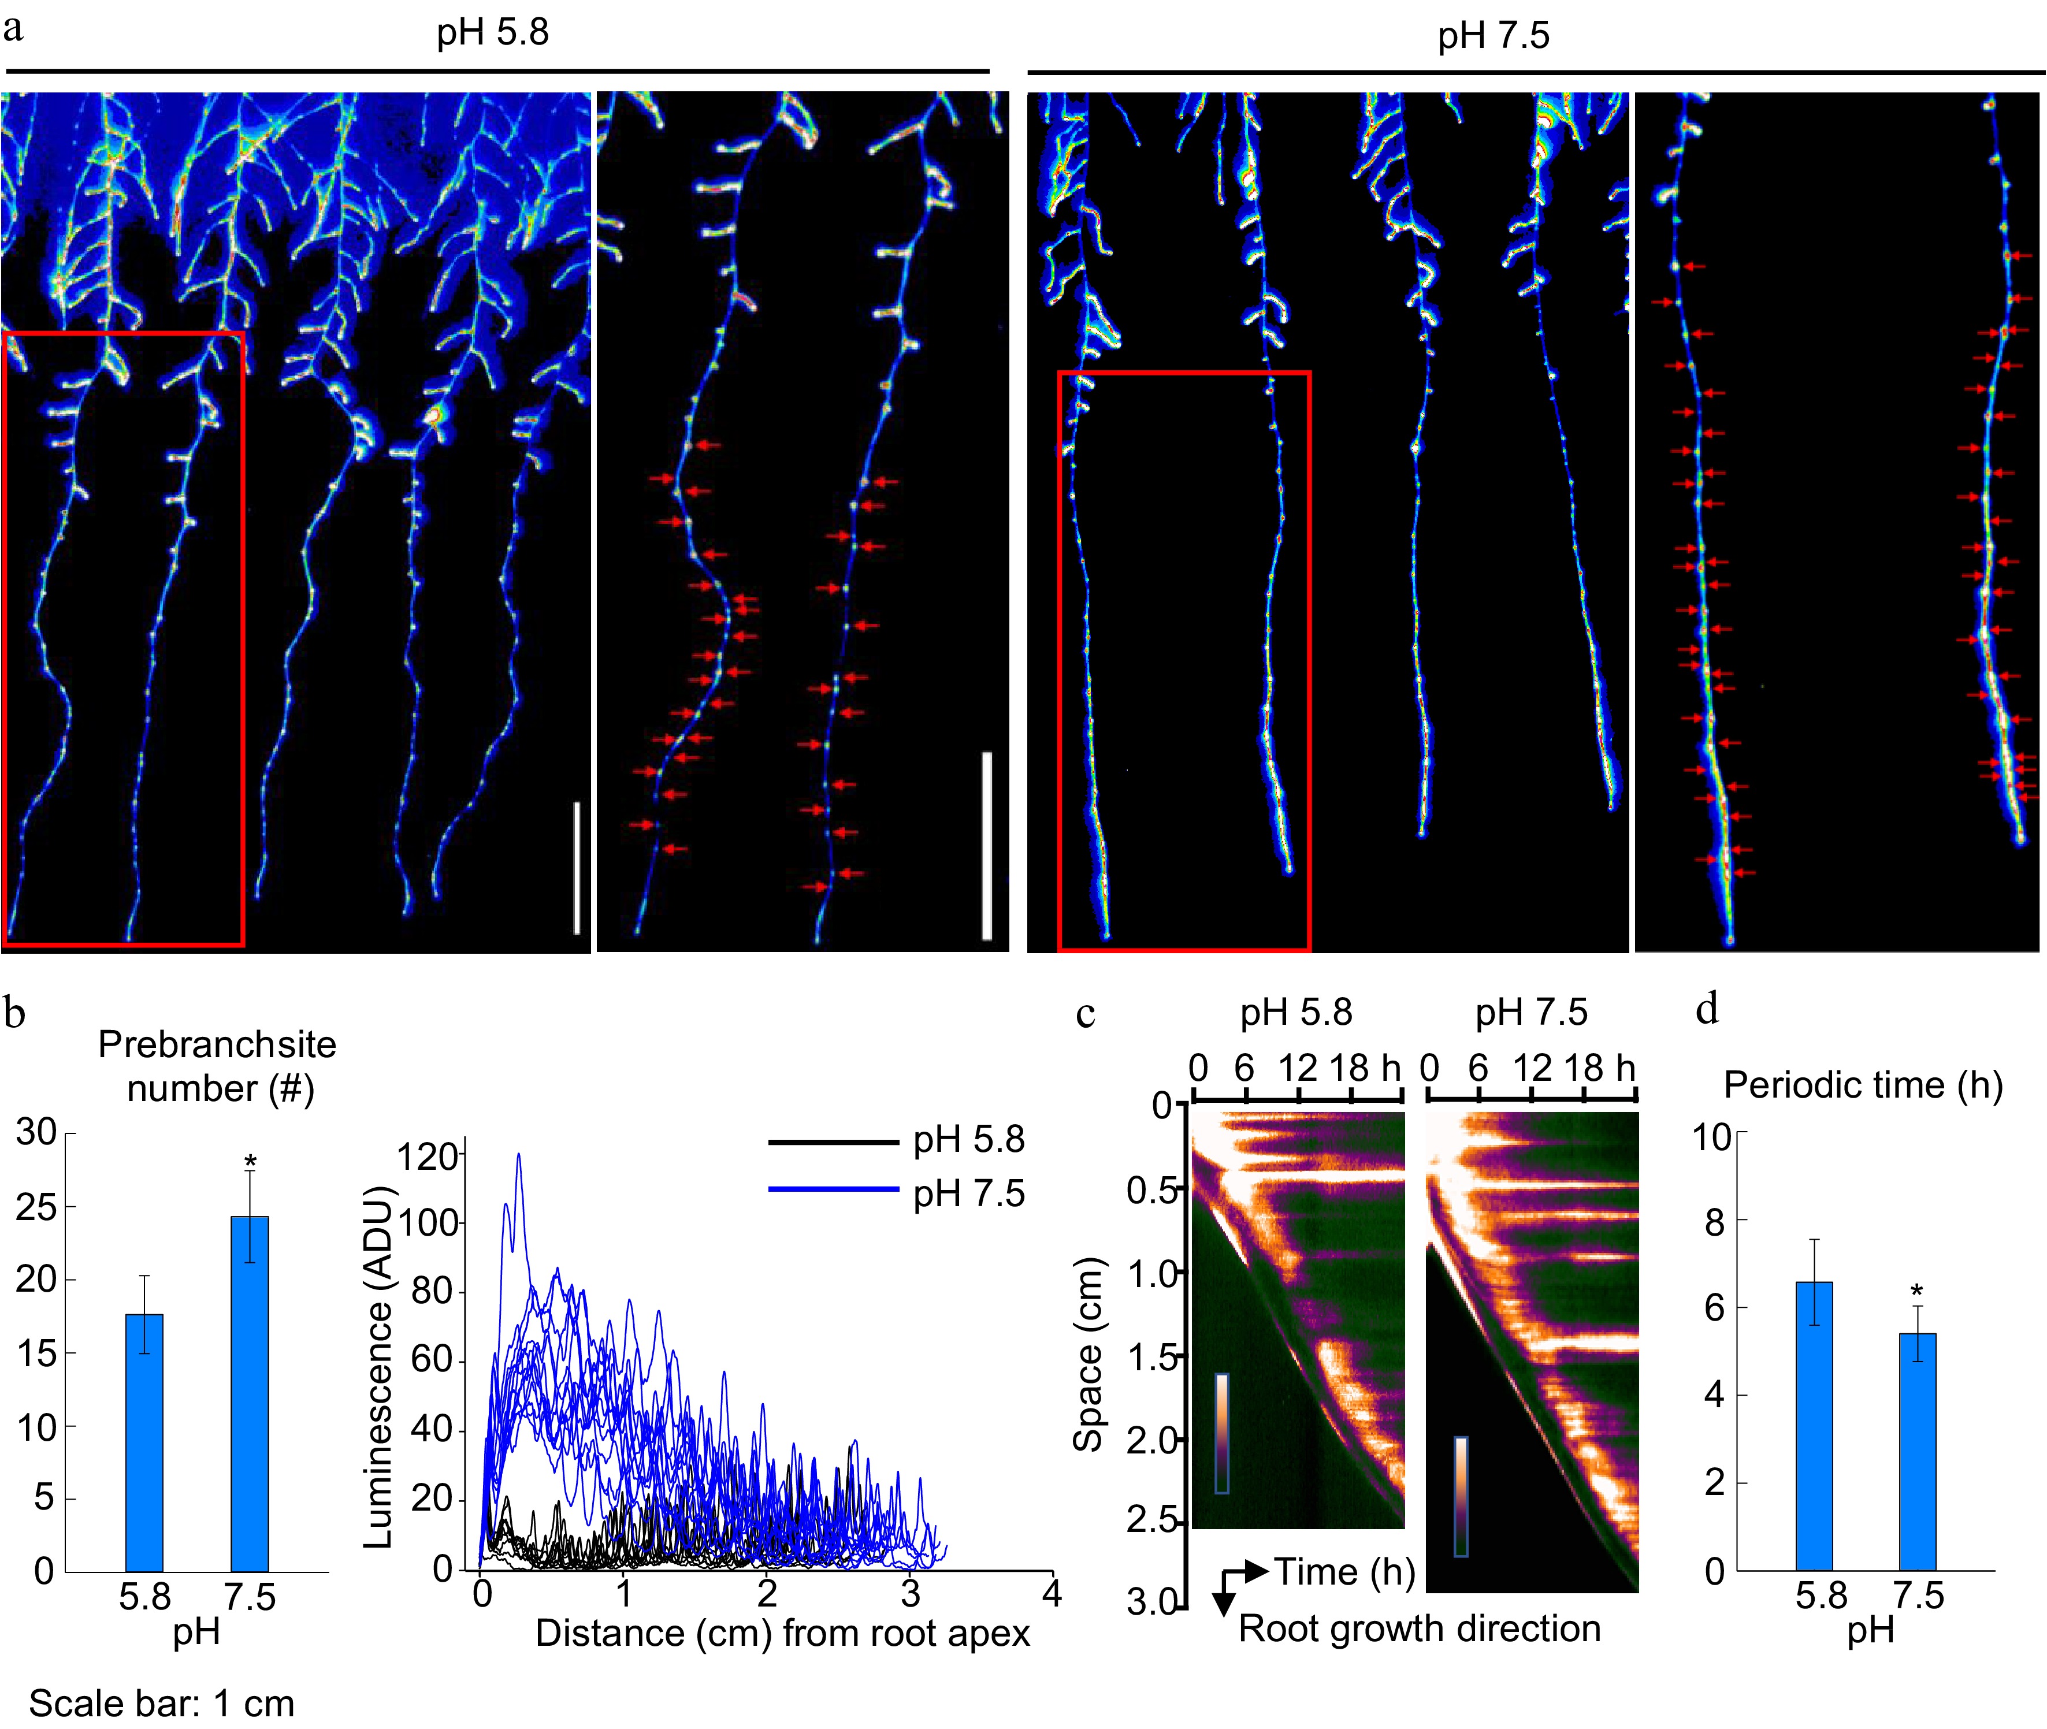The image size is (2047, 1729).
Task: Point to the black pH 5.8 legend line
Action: click(833, 1142)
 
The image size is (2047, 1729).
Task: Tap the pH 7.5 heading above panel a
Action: click(1493, 36)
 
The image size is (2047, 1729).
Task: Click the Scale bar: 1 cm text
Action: click(162, 1702)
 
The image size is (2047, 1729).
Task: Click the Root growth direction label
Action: click(1418, 1628)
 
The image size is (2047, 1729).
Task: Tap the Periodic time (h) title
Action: click(1863, 1085)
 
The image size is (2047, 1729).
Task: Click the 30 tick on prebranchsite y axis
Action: click(36, 1133)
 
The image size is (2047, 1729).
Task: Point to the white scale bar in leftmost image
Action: click(577, 868)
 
